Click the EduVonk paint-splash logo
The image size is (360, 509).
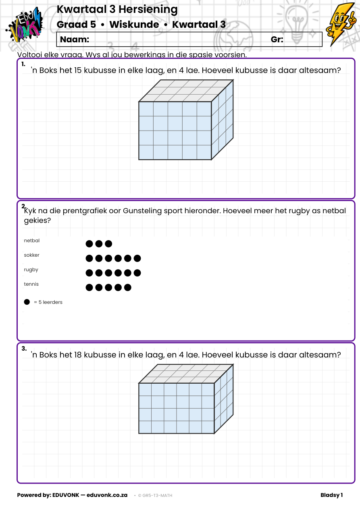pyautogui.click(x=25, y=25)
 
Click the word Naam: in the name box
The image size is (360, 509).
pyautogui.click(x=74, y=39)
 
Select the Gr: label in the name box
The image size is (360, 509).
pyautogui.click(x=277, y=39)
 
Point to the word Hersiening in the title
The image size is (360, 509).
pyautogui.click(x=148, y=10)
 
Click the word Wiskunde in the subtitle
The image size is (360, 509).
pyautogui.click(x=134, y=25)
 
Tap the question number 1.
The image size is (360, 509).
pyautogui.click(x=23, y=64)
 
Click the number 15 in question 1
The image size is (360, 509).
pyautogui.click(x=78, y=70)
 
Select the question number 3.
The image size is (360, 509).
pyautogui.click(x=24, y=349)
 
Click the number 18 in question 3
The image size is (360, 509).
pyautogui.click(x=78, y=355)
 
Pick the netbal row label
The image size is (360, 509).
pyautogui.click(x=31, y=241)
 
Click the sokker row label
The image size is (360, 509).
pyautogui.click(x=31, y=255)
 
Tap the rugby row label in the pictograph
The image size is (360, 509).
pyautogui.click(x=31, y=270)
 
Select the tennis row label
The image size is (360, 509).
pyautogui.click(x=31, y=284)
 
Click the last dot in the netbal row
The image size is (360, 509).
pyautogui.click(x=108, y=244)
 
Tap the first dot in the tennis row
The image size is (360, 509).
pyautogui.click(x=89, y=287)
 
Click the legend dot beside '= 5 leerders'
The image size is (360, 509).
pyautogui.click(x=27, y=302)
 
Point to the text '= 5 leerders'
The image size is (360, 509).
pyautogui.click(x=48, y=302)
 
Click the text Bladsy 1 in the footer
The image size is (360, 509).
pyautogui.click(x=332, y=495)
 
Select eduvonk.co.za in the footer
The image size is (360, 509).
pyautogui.click(x=107, y=495)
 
